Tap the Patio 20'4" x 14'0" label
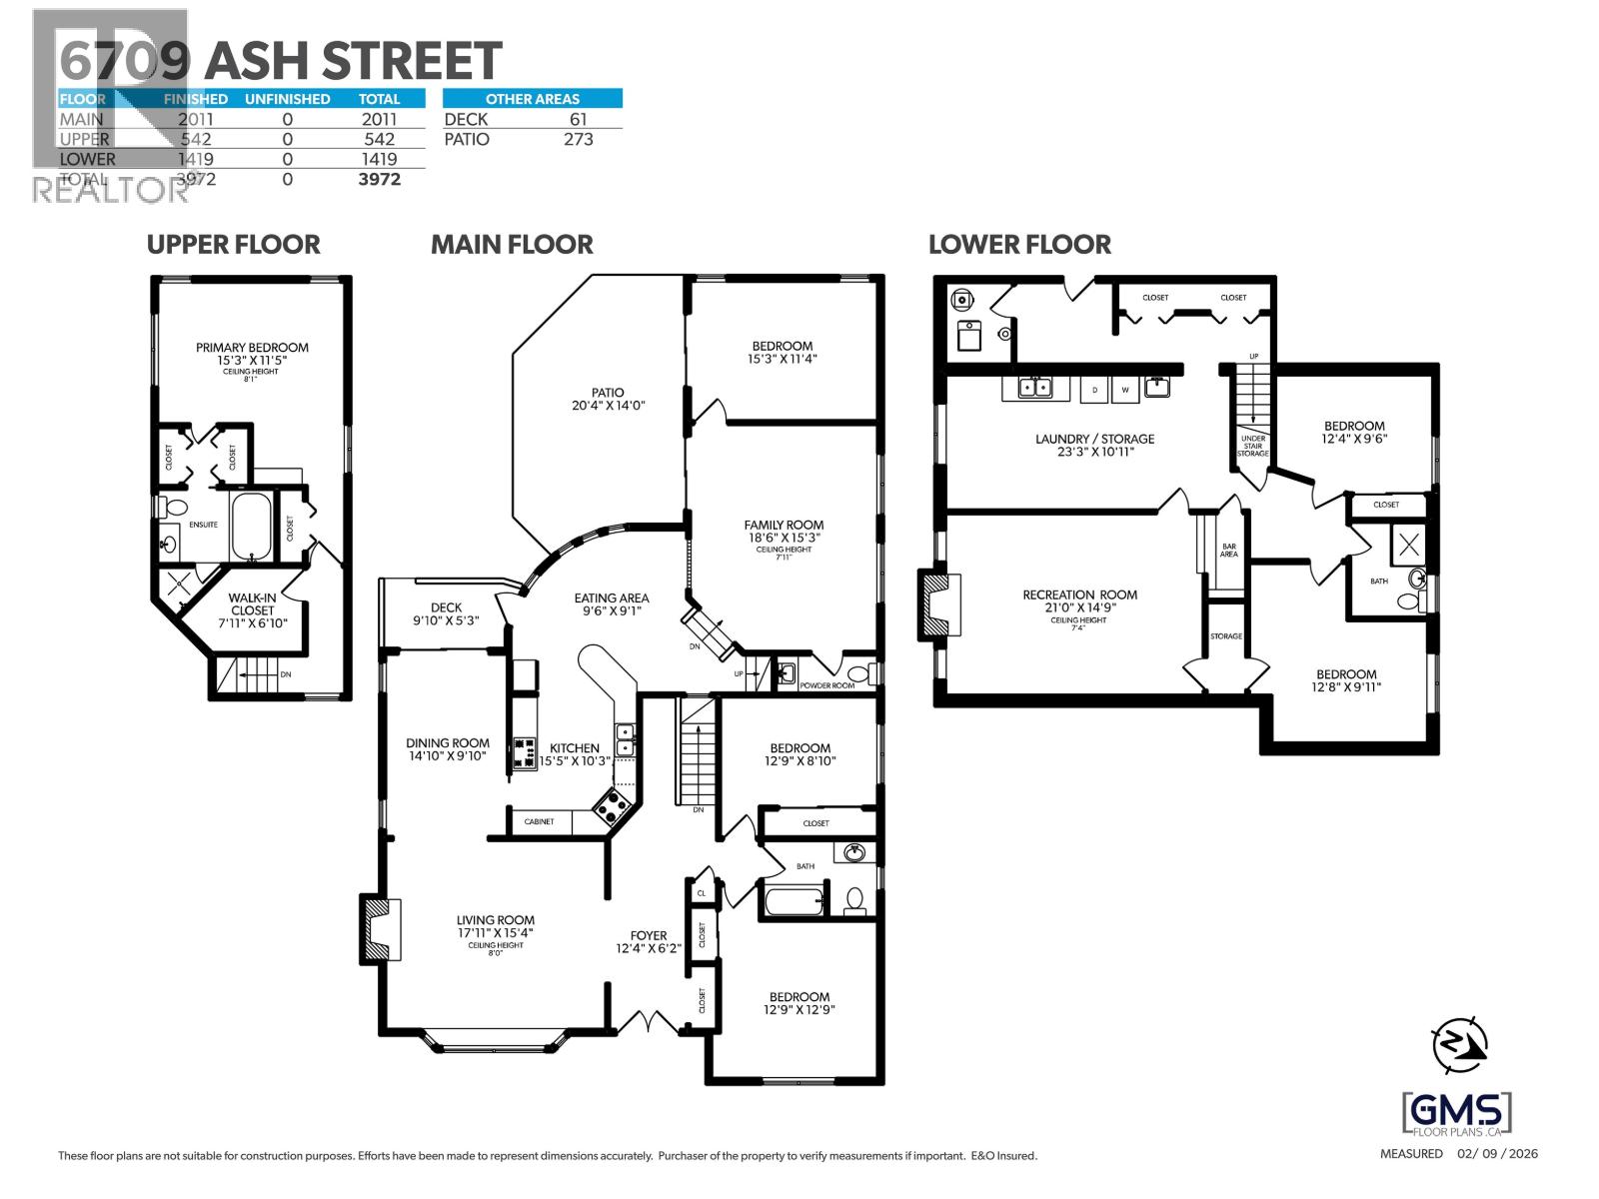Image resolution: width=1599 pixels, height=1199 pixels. click(x=608, y=399)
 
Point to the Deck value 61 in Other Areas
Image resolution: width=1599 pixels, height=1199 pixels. click(x=578, y=119)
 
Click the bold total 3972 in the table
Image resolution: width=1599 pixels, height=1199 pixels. click(x=380, y=179)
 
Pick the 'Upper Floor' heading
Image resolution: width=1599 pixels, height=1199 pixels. click(x=233, y=245)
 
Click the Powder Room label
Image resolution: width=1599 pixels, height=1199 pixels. click(x=827, y=685)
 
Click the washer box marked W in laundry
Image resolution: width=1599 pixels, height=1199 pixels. click(x=1125, y=390)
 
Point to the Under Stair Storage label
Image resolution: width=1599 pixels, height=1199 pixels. click(x=1252, y=446)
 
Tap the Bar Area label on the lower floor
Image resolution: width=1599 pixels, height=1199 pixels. click(x=1229, y=551)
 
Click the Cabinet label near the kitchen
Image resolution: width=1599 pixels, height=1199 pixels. click(x=539, y=821)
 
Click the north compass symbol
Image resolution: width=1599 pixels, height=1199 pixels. click(x=1460, y=1045)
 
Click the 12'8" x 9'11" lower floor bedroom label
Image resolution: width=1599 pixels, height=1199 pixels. click(x=1346, y=680)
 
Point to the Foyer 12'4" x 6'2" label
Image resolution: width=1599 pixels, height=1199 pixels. click(x=649, y=942)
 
